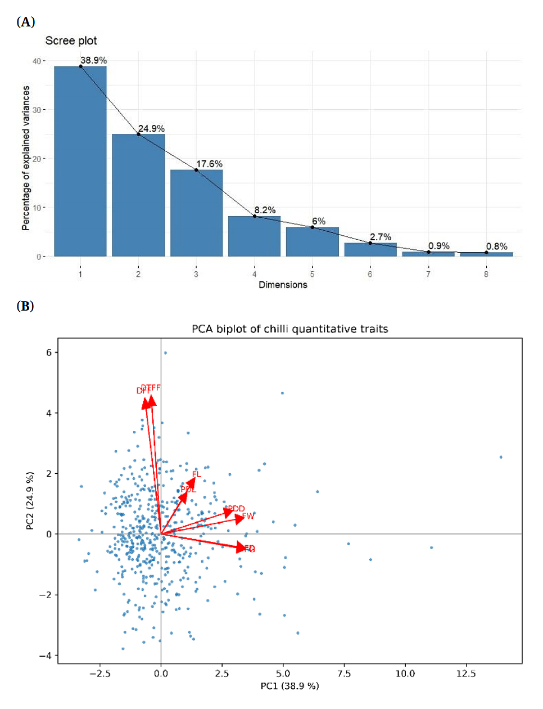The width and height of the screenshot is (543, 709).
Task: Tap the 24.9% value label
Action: [x=151, y=129]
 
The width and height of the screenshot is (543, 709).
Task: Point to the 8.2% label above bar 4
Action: [x=265, y=210]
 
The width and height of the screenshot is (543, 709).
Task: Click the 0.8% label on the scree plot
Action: [x=496, y=246]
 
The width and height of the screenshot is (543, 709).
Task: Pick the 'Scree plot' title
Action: [x=71, y=41]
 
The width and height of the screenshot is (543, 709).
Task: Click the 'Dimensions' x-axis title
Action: [x=283, y=285]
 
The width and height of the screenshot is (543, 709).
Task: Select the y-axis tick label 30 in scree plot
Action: [x=37, y=110]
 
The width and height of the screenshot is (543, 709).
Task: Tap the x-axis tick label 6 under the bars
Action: [x=370, y=274]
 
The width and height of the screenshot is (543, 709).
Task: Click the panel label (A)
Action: [x=26, y=22]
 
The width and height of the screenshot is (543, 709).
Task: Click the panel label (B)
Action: [x=25, y=306]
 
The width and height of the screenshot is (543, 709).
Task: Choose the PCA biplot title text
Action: [x=289, y=329]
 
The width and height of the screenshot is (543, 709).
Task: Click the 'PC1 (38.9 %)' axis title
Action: [x=289, y=686]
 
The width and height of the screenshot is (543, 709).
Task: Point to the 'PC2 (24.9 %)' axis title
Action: [x=30, y=500]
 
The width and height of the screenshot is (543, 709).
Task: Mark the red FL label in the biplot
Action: [x=196, y=474]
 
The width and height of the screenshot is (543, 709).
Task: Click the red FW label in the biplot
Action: [x=248, y=516]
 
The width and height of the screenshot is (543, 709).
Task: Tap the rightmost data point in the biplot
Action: [x=501, y=457]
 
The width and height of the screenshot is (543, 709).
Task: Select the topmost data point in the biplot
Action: [x=165, y=353]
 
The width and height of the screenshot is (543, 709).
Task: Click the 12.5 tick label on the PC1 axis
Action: [x=465, y=674]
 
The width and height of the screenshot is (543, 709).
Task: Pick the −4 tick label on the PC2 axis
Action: [x=45, y=656]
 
